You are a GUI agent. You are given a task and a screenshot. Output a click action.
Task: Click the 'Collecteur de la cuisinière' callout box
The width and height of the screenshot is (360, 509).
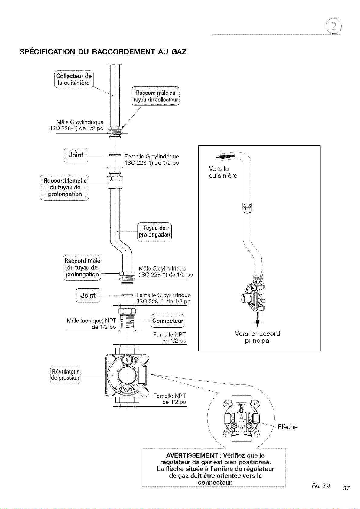[x=74, y=79]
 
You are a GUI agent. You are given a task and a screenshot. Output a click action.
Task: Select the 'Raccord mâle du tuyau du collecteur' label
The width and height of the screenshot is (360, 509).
[x=156, y=96]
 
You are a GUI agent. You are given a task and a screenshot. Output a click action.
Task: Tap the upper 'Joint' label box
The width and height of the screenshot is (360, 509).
[x=76, y=155]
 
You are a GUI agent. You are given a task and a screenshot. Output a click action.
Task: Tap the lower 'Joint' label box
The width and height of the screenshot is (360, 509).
[x=88, y=295]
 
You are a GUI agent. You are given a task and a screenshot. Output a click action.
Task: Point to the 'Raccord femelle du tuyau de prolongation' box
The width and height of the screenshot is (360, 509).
[x=64, y=188]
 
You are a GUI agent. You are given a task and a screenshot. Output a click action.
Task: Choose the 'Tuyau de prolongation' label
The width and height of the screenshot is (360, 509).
[x=154, y=232]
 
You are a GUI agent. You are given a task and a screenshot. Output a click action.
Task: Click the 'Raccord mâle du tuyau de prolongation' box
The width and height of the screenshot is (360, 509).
[x=82, y=268]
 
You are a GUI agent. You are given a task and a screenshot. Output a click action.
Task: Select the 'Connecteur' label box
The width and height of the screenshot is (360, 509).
[x=168, y=321]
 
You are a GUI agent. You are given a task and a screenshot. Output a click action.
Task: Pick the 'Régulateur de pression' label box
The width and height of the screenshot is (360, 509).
[x=65, y=375]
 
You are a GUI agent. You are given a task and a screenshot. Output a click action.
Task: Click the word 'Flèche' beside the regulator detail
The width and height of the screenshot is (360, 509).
[x=287, y=427]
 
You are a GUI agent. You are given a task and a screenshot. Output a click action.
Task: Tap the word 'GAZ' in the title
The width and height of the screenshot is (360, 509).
[x=179, y=52]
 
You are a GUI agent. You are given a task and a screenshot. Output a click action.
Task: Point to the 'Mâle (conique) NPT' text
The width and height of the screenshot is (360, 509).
[x=91, y=321]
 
